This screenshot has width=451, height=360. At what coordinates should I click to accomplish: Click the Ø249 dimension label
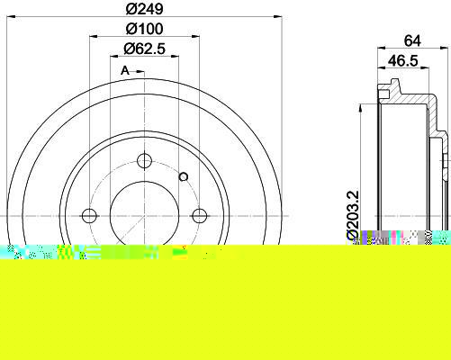[x=144, y=9]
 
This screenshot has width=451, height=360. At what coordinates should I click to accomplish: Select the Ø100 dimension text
[x=144, y=29]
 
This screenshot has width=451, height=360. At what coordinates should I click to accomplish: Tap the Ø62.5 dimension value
[x=144, y=49]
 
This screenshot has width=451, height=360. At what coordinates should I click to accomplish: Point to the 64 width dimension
[x=412, y=40]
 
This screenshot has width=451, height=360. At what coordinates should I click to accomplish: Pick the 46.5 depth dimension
[x=402, y=61]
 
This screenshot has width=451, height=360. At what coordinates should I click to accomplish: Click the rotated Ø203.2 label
[x=353, y=215]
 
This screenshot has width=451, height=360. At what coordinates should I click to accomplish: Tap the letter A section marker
[x=125, y=71]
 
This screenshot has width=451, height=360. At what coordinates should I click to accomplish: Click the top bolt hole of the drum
[x=144, y=161]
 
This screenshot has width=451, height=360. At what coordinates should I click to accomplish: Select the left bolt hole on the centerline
[x=89, y=216]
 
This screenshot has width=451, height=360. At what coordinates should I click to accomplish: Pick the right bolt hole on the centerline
[x=199, y=216]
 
